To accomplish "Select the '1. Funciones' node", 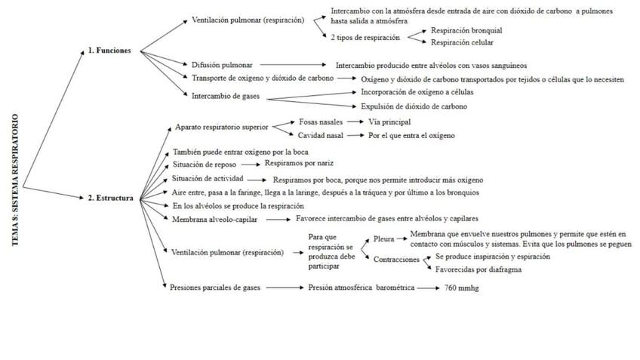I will point(109,51).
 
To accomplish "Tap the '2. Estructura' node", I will point(110,198).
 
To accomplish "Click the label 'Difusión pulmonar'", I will point(222,65).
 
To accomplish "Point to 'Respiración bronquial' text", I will point(466,31).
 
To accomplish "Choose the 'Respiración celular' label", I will point(462,42).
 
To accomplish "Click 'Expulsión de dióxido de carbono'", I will point(408,106).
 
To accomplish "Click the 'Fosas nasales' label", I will point(321,121).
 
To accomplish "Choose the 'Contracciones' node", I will point(396,259).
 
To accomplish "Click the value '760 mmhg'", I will point(462,288).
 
